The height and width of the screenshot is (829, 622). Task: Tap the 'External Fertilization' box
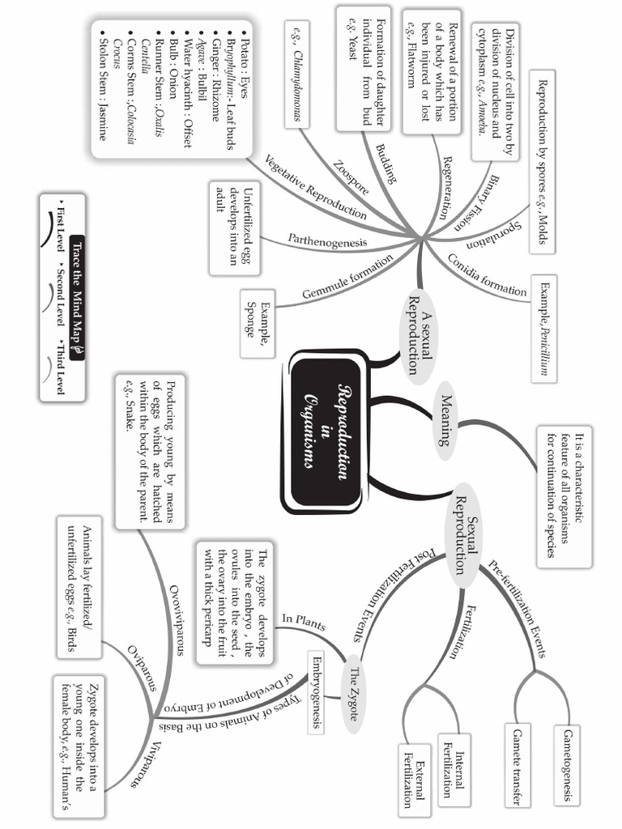414,778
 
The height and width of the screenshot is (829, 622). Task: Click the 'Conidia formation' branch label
488,275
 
